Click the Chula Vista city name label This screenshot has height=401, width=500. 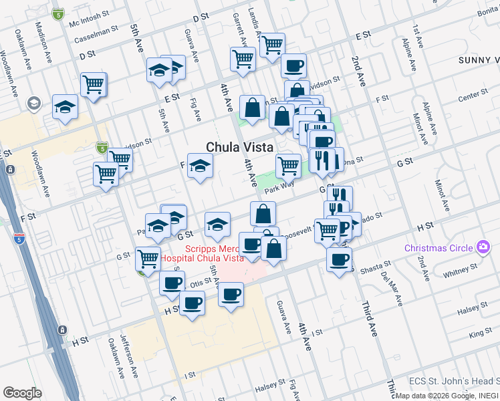point(239,147)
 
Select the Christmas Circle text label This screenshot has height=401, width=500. point(438,248)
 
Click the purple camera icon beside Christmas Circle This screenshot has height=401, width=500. point(483,248)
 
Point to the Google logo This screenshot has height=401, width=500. point(22,392)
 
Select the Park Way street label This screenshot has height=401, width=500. point(279,190)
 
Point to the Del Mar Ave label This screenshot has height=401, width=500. point(390,289)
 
